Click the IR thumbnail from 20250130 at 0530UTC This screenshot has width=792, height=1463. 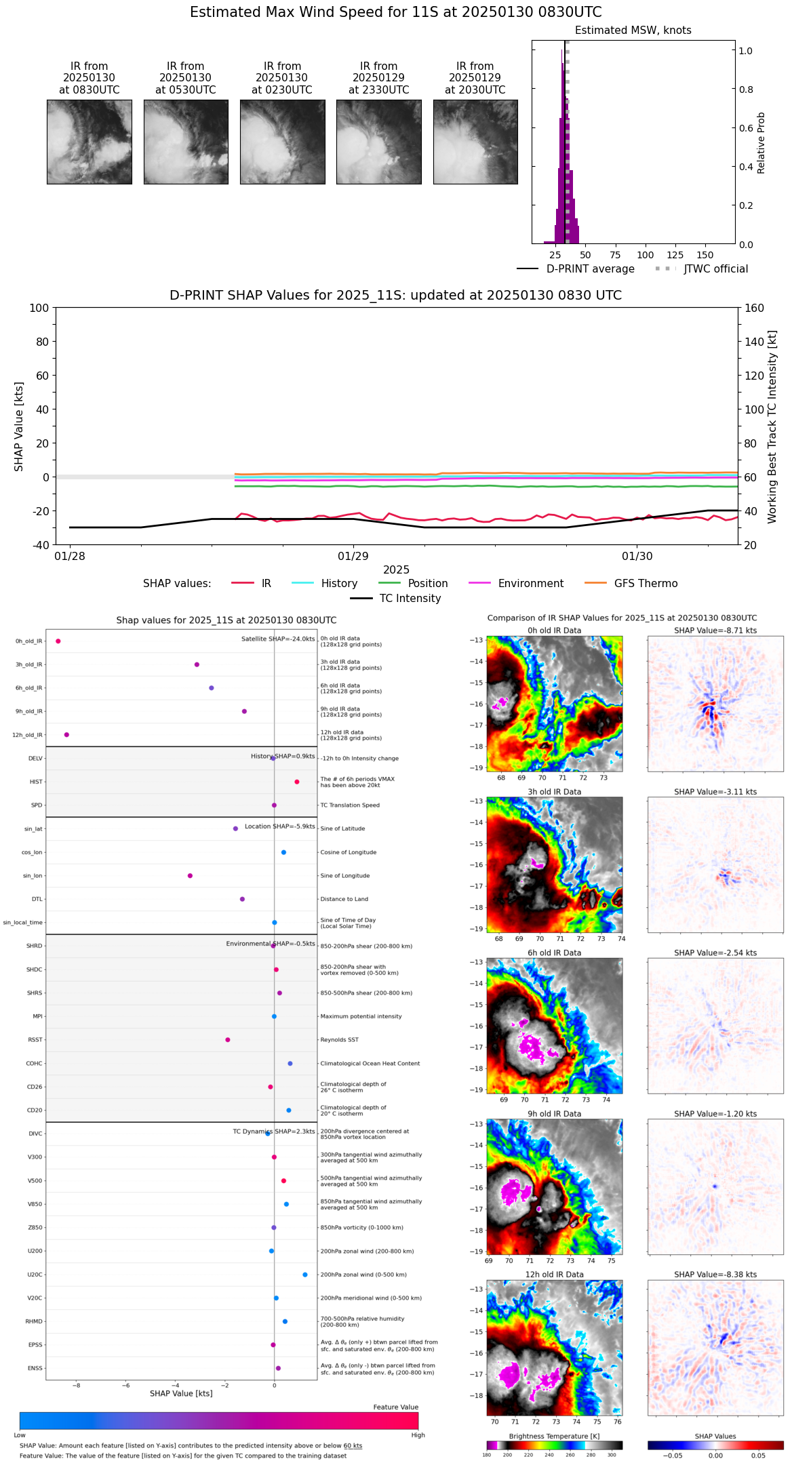[x=186, y=142]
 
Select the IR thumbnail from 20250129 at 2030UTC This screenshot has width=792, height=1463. [x=475, y=142]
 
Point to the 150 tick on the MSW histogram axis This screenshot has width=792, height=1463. [x=705, y=255]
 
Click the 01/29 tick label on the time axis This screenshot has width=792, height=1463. [x=353, y=557]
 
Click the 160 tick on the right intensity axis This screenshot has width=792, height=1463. [x=754, y=308]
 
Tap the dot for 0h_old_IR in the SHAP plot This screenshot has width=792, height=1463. [x=58, y=641]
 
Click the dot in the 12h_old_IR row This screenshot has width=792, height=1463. [x=66, y=735]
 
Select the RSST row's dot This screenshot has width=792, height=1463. [x=228, y=1040]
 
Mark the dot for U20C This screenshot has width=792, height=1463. [x=305, y=1275]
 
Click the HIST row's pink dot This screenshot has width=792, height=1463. [x=297, y=782]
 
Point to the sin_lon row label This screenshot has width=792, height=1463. [x=33, y=876]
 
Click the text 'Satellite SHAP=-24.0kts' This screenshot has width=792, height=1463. [x=278, y=639]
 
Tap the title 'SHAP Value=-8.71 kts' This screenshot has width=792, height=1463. [x=715, y=630]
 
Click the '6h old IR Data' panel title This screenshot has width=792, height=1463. [x=554, y=953]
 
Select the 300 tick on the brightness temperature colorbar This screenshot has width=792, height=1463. [x=612, y=1455]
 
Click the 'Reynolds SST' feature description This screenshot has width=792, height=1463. [x=339, y=1040]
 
